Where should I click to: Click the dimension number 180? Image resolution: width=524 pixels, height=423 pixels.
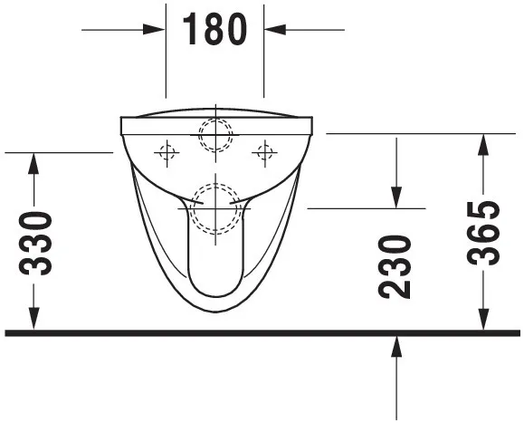214,29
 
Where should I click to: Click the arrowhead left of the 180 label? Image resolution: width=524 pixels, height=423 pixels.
157,30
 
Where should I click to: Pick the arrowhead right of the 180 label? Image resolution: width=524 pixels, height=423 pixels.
273,30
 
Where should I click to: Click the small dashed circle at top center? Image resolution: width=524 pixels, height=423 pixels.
215,135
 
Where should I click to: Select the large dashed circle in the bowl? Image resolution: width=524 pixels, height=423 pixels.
215,208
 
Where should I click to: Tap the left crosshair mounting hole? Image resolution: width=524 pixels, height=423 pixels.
167,153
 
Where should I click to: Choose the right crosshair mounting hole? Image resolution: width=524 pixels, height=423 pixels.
264,153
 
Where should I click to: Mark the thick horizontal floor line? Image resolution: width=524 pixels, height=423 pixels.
262,332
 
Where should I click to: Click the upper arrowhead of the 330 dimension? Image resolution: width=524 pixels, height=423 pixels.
34,162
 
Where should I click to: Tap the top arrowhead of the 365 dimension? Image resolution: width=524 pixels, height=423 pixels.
485,143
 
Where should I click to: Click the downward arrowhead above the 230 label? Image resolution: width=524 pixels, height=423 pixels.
396,197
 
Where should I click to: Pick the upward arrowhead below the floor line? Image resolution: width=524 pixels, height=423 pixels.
396,345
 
